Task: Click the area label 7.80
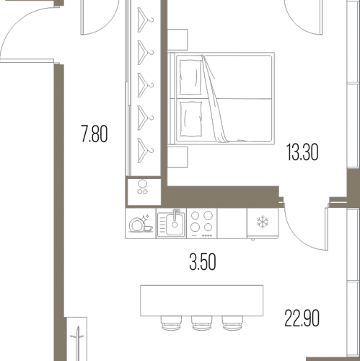pyautogui.click(x=95, y=134)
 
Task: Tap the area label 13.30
pyautogui.click(x=302, y=152)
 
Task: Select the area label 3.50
pyautogui.click(x=203, y=262)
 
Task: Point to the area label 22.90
pyautogui.click(x=302, y=318)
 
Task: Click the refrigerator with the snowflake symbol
pyautogui.click(x=263, y=223)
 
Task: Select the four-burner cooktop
pyautogui.click(x=202, y=223)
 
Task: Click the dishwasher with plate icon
pyautogui.click(x=141, y=223)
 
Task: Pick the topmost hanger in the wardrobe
pyautogui.click(x=145, y=20)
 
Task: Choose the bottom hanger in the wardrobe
pyautogui.click(x=145, y=151)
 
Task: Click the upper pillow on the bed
pyautogui.click(x=190, y=77)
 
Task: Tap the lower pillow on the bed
pyautogui.click(x=190, y=119)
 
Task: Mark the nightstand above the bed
pyautogui.click(x=177, y=40)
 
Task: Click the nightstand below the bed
pyautogui.click(x=177, y=157)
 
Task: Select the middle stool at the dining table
pyautogui.click(x=202, y=323)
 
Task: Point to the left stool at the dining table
pyautogui.click(x=171, y=323)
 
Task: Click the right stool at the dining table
pyautogui.click(x=232, y=323)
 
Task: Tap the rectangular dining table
pyautogui.click(x=201, y=300)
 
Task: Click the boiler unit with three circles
pyautogui.click(x=144, y=192)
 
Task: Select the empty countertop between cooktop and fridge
pyautogui.click(x=232, y=223)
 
